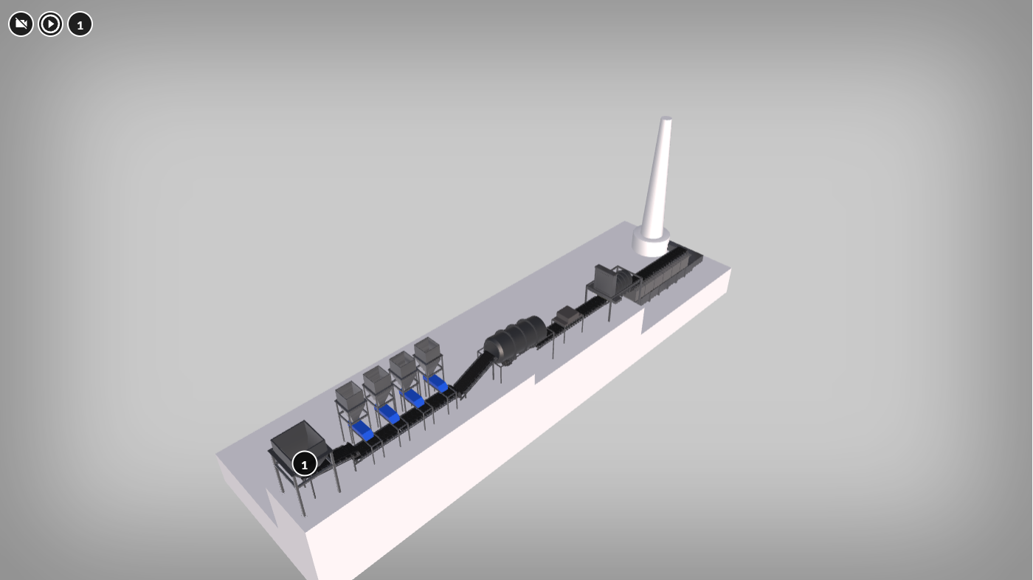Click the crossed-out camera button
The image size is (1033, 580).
point(21,24)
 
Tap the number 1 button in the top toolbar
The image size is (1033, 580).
point(80,24)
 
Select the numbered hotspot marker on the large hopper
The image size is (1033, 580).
point(304,464)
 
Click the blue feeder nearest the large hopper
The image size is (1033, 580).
point(362,429)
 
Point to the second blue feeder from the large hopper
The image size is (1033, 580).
point(388,413)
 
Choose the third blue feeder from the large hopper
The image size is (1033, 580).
point(413,398)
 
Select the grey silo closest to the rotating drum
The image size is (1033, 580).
point(429,356)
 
